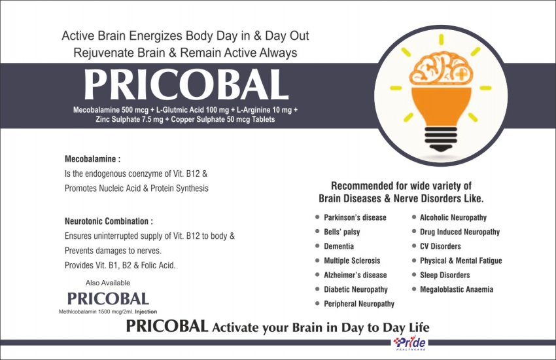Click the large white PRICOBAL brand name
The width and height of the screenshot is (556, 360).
186,84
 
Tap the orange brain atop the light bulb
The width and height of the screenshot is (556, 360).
441,69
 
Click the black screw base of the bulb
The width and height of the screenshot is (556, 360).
441,139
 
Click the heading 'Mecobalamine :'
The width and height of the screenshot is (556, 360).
92,159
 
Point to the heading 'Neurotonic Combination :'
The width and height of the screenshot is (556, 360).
109,221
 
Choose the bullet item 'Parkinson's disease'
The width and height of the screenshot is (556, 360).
355,217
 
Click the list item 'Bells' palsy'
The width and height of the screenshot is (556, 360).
342,232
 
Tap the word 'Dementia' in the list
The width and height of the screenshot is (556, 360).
339,246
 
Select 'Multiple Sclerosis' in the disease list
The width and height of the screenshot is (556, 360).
352,261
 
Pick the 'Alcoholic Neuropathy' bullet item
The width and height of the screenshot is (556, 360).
453,217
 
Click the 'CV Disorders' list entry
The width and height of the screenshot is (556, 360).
440,246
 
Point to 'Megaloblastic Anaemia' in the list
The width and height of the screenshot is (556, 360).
457,289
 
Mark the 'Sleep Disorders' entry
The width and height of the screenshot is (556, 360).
445,275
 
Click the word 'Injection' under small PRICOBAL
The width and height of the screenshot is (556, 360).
146,312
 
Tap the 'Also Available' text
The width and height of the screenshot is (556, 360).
108,283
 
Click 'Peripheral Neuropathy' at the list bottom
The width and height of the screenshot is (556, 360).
359,304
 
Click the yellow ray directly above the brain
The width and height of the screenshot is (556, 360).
441,40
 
